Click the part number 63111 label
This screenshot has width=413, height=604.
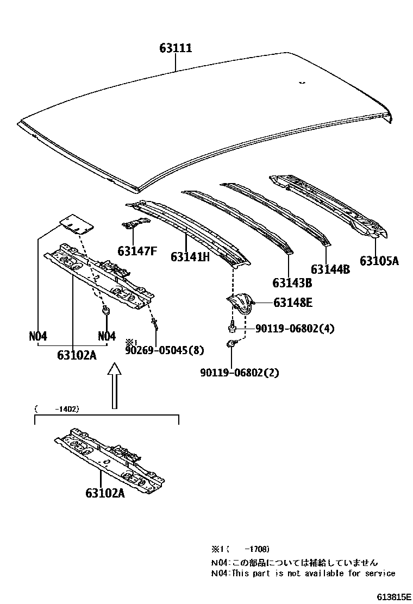point(176,48)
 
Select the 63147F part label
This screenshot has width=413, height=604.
point(137,251)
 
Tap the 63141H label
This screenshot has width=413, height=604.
point(190,256)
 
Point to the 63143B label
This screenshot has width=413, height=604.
point(292,282)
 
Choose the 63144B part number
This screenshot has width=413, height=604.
point(330,268)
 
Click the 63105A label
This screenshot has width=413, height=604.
point(379,261)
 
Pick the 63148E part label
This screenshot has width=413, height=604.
point(292,303)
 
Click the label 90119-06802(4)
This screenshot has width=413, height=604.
point(295,329)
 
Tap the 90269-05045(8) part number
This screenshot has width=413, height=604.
point(165,350)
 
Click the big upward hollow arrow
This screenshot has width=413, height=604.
point(113,386)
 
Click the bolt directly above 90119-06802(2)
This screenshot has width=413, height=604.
point(231,344)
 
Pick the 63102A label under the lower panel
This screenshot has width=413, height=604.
point(105,493)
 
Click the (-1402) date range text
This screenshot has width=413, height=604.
point(56,408)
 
